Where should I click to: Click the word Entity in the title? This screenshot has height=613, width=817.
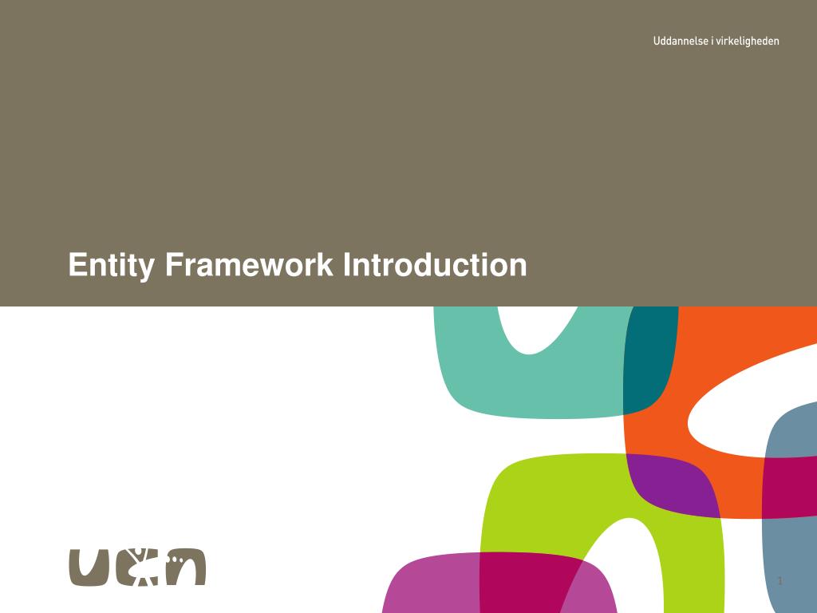[x=111, y=265]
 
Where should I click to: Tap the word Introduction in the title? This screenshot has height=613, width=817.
[x=435, y=265]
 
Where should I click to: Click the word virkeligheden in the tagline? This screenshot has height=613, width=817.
[x=748, y=41]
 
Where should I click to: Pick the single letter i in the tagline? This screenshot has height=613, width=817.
[x=711, y=41]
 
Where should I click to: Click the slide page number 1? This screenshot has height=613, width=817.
[x=780, y=580]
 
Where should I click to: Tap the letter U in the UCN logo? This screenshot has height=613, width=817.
[x=88, y=567]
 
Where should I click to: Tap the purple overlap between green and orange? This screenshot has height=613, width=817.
[x=670, y=483]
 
